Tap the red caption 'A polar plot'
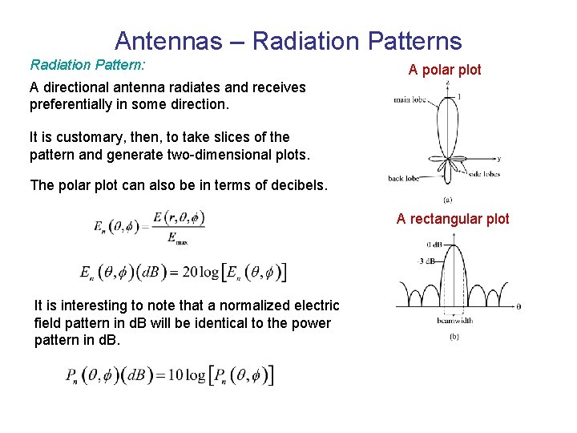(445, 70)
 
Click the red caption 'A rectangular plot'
(453, 219)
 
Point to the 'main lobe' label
(410, 100)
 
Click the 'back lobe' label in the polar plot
(404, 178)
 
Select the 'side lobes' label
(484, 173)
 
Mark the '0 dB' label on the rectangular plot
(435, 244)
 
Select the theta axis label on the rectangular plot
(519, 306)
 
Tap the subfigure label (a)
(447, 199)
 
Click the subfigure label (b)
(454, 336)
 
